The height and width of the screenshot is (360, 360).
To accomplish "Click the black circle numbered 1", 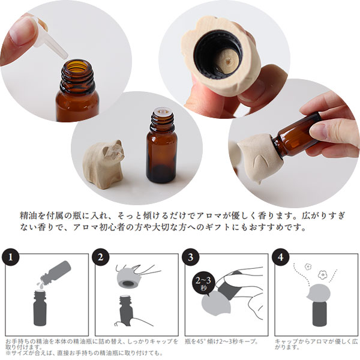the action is [11, 257].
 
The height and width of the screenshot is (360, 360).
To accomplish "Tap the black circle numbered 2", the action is [101, 257].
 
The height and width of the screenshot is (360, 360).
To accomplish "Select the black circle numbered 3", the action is [191, 257].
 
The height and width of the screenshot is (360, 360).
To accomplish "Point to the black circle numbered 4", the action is [281, 257].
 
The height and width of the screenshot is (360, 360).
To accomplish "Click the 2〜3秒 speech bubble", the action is [203, 284].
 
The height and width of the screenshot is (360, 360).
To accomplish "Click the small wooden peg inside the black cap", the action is [226, 62].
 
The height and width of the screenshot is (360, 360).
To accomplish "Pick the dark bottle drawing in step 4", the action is [319, 313].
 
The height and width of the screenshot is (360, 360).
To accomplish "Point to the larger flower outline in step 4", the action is [323, 275].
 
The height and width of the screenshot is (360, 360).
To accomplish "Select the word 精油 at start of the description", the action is [26, 215].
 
